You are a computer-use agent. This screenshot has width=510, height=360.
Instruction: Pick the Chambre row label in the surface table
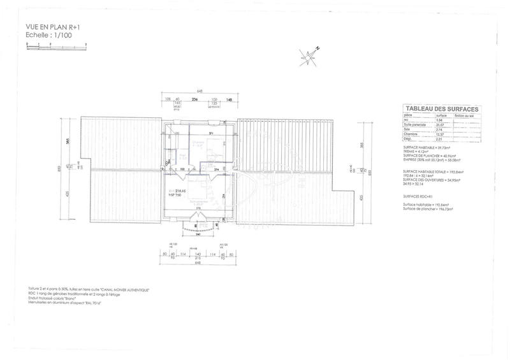click(x=410, y=133)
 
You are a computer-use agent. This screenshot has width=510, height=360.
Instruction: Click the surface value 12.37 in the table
click(x=432, y=133)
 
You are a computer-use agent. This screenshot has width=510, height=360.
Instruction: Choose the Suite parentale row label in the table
click(x=414, y=124)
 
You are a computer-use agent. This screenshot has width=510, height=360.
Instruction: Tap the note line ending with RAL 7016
click(x=61, y=302)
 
